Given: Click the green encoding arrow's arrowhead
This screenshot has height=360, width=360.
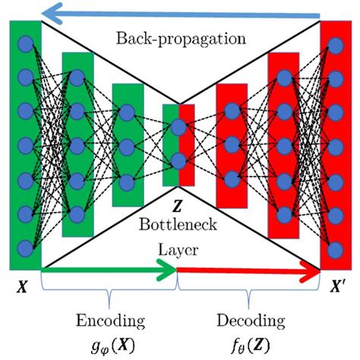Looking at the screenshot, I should (x=169, y=267).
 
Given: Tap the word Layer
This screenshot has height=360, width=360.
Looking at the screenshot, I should (x=178, y=247).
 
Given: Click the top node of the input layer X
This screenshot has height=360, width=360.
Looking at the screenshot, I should (x=26, y=43).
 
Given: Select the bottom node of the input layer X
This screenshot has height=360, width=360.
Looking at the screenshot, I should (x=26, y=247).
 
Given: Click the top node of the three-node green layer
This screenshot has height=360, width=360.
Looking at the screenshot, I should (x=126, y=113).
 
